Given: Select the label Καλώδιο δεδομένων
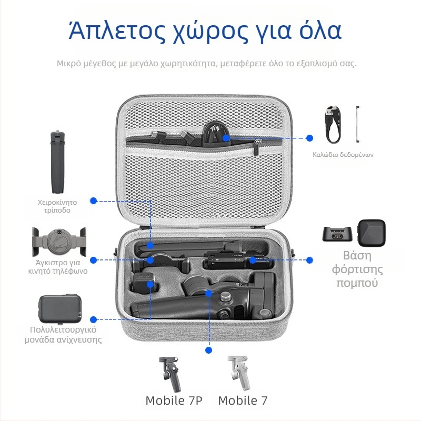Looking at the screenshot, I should pos(343,155).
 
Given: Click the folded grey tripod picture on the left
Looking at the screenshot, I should pos(58,163).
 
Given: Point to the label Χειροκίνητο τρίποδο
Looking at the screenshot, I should pos(57,206).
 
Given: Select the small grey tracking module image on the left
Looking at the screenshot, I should pos(58,309).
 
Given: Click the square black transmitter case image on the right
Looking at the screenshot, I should pos(372,234).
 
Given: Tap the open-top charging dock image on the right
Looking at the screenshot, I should pos(337,235).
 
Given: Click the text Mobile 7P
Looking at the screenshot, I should pos(174,400).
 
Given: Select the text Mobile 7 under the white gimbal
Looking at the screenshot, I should pos(243,400).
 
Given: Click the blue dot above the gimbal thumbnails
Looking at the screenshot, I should pos(209,349).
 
